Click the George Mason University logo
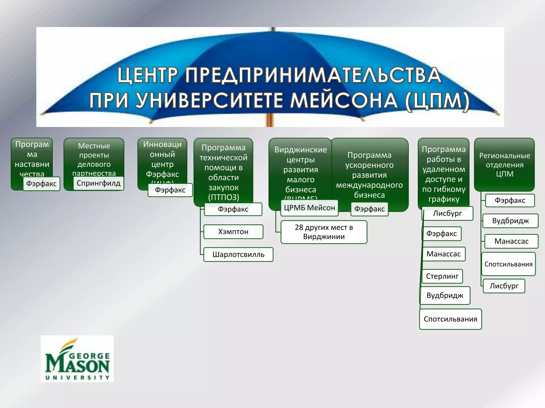click(77, 359)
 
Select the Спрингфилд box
click(98, 183)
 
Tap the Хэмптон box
click(233, 232)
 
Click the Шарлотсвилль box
click(238, 254)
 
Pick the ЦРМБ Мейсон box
click(309, 208)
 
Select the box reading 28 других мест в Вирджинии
click(324, 232)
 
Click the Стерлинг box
click(442, 276)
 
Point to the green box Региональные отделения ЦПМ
click(504, 165)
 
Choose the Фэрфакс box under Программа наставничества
click(41, 184)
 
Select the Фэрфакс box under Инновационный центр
click(170, 190)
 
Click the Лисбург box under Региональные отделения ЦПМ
click(504, 286)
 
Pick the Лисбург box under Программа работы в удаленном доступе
click(447, 213)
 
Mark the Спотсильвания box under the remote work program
click(450, 319)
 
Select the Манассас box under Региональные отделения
click(511, 241)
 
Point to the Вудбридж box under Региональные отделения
click(510, 221)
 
